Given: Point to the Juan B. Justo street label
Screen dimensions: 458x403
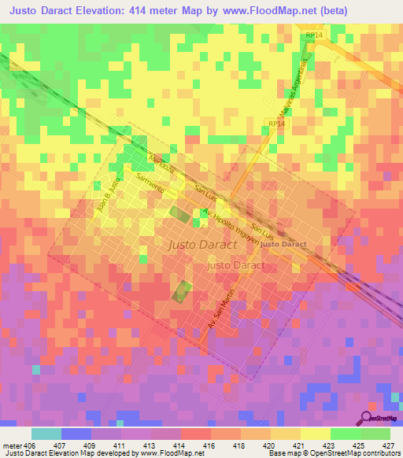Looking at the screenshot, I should click(106, 200).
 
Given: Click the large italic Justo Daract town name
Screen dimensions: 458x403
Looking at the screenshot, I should click(202, 245).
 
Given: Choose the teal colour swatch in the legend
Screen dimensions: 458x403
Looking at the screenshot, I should click(46, 433).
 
